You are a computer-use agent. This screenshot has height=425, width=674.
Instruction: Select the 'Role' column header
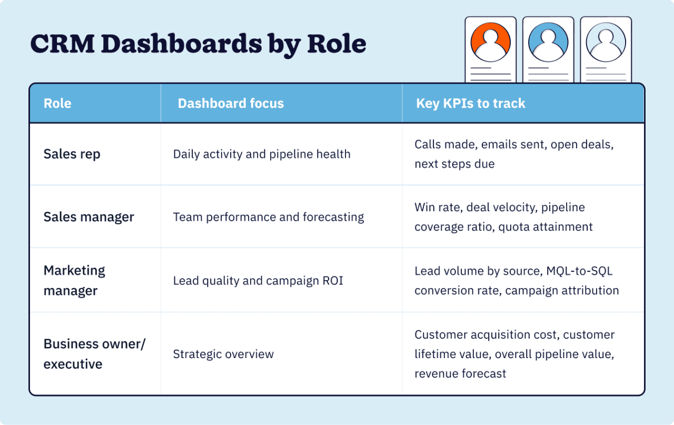click(57, 103)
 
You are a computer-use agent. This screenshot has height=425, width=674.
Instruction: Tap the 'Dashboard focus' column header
click(231, 103)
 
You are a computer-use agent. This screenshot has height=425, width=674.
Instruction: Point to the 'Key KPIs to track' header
click(471, 103)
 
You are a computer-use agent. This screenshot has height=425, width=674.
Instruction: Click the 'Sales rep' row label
click(72, 154)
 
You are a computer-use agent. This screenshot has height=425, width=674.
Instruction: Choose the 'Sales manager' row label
click(89, 217)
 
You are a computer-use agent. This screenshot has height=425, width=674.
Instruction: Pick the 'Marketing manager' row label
click(74, 281)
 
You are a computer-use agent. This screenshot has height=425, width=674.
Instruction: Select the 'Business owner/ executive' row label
click(94, 354)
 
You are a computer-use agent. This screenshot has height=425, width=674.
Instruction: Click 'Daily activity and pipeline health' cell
click(262, 154)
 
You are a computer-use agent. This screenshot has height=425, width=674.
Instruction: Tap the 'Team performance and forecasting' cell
click(269, 217)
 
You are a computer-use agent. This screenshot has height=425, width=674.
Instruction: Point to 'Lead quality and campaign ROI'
click(258, 281)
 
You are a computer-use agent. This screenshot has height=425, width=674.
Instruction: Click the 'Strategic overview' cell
click(223, 354)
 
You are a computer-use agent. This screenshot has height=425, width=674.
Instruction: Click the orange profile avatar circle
click(490, 43)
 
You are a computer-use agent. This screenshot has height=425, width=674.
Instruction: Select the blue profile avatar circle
click(548, 43)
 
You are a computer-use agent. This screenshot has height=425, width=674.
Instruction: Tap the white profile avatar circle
click(606, 43)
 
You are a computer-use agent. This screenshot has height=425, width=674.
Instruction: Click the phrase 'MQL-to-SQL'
click(579, 271)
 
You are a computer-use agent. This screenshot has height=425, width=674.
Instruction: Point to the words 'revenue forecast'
click(460, 373)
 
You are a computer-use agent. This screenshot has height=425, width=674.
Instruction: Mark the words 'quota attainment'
click(546, 227)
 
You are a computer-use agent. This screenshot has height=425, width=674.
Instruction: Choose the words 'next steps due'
click(454, 164)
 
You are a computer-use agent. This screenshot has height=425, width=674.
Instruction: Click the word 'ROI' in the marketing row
click(333, 281)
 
